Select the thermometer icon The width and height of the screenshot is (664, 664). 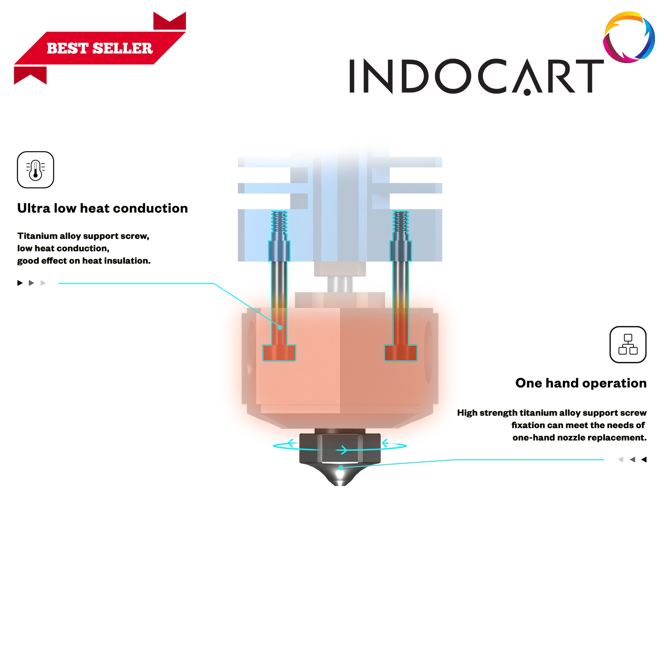tap(35, 170)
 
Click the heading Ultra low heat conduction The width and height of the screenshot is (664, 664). tap(102, 208)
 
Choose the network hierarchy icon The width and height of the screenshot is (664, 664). tap(628, 344)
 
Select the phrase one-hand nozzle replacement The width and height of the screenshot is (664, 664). tap(579, 437)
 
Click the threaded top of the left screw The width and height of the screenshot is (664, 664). tap(279, 222)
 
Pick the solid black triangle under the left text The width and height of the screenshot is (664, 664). tap(20, 283)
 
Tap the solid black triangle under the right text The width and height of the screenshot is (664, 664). tap(644, 459)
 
